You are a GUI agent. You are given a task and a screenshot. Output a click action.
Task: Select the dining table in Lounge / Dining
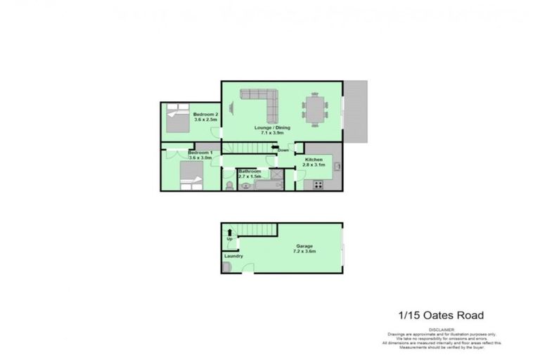click(x=314, y=109)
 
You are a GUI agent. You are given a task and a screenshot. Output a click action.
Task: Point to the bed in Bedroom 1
click(x=189, y=175)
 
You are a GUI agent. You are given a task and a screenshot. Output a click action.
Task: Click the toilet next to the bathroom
click(x=229, y=185)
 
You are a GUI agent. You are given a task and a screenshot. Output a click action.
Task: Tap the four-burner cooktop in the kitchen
click(x=317, y=185)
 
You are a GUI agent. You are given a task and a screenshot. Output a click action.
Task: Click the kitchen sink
click(x=337, y=167)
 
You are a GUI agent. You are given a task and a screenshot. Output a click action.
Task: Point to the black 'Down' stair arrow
click(x=275, y=148)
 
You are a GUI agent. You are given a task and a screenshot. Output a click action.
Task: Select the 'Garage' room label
click(x=304, y=246)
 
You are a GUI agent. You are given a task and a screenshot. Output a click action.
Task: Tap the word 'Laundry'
click(x=233, y=256)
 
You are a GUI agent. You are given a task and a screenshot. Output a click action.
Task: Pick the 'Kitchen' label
click(x=314, y=160)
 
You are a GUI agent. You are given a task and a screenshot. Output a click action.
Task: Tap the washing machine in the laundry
click(x=226, y=267)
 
